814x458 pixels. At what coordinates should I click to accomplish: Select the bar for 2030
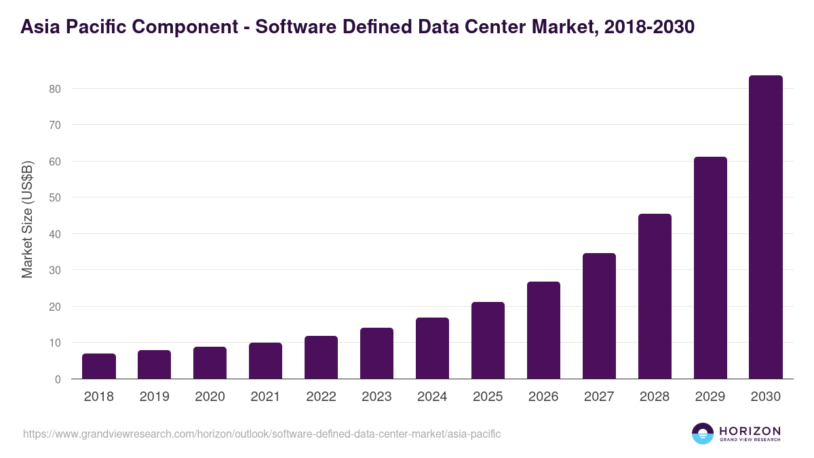click(x=765, y=227)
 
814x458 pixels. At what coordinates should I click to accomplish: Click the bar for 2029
click(x=710, y=268)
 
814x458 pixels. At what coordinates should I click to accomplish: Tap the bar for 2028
click(x=654, y=297)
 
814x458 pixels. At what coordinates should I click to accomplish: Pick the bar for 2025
click(x=488, y=341)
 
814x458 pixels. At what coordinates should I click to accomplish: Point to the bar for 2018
click(x=99, y=366)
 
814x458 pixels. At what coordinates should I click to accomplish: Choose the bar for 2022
click(x=321, y=358)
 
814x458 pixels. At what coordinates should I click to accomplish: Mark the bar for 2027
click(x=599, y=316)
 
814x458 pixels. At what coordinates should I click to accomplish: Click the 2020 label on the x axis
click(x=210, y=397)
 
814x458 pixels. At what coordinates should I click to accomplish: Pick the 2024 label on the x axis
click(x=432, y=397)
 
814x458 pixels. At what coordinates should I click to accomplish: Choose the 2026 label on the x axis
click(x=543, y=397)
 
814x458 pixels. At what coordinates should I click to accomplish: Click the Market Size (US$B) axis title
click(x=27, y=220)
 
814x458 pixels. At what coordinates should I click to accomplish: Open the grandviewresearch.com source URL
click(x=262, y=434)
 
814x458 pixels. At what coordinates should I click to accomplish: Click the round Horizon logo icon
click(x=702, y=434)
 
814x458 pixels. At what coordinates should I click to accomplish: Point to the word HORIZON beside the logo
click(x=749, y=431)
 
